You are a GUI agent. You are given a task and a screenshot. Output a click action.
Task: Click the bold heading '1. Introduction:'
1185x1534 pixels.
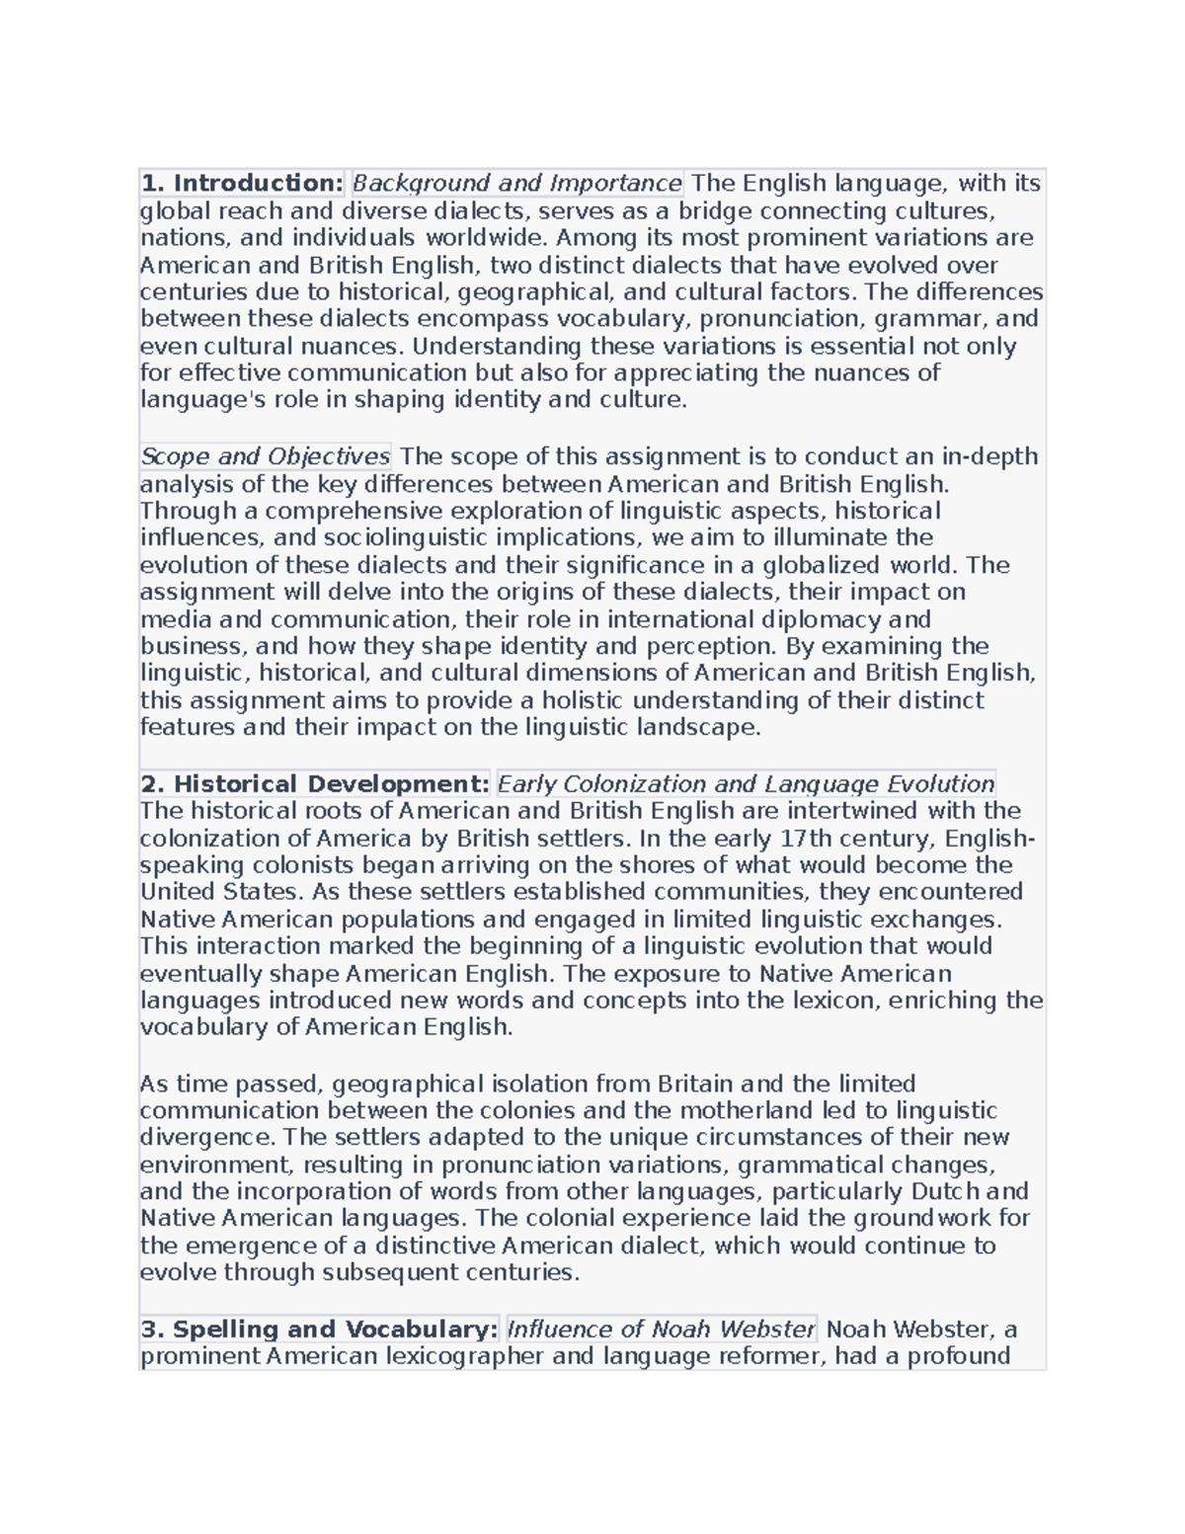(242, 184)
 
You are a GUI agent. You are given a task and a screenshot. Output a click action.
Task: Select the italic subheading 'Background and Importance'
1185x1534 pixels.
(517, 184)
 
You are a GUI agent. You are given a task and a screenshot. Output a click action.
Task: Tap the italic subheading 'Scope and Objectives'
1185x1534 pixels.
(266, 456)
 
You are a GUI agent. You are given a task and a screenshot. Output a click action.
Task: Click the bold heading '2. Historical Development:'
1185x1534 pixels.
(315, 784)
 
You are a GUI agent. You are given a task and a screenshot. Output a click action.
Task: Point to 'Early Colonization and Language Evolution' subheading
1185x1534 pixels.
(746, 784)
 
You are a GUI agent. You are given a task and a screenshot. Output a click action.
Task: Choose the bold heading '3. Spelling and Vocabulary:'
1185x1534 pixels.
(320, 1330)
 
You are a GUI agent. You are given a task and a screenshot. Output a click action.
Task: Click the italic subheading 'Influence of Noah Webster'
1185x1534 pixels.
(661, 1330)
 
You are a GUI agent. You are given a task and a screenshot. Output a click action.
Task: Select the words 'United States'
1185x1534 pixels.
(219, 892)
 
